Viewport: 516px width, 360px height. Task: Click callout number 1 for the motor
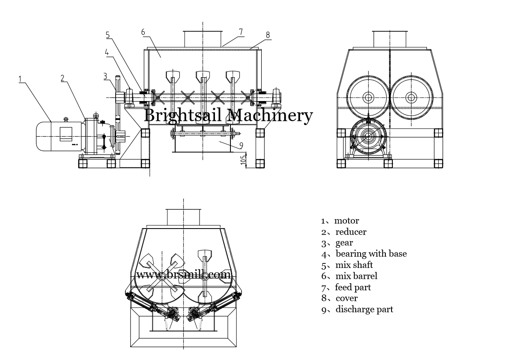click(x=21, y=78)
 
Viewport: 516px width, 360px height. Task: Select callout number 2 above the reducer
click(x=63, y=78)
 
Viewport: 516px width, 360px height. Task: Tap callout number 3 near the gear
click(x=105, y=75)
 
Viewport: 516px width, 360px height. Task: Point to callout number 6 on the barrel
click(x=143, y=32)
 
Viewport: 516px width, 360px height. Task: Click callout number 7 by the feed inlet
click(x=241, y=31)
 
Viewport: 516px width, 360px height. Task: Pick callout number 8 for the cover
click(x=267, y=34)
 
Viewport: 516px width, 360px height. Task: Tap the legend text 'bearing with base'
click(x=371, y=254)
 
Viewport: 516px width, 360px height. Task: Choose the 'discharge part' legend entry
click(x=364, y=309)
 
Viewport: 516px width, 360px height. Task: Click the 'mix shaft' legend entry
click(x=354, y=265)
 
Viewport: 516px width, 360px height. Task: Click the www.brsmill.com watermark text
click(x=183, y=275)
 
